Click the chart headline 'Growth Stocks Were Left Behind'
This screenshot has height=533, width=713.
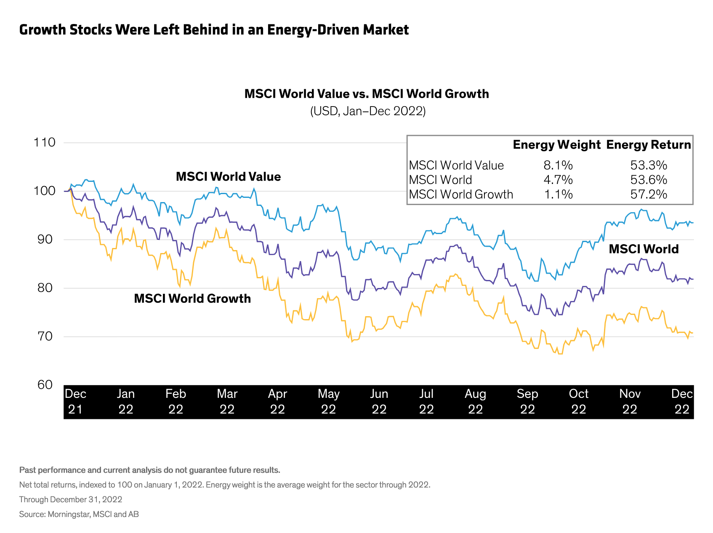(x=214, y=30)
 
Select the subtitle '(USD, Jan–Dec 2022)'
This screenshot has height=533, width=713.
(x=368, y=111)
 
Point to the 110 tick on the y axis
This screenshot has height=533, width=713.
(x=45, y=142)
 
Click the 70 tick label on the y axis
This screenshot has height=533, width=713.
(x=45, y=336)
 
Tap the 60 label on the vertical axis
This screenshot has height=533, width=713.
(x=45, y=385)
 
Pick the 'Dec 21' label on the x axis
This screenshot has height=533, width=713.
(x=76, y=401)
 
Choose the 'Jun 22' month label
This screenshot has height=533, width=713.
(x=379, y=401)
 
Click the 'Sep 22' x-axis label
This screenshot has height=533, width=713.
(x=527, y=401)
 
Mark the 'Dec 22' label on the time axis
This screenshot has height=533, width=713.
(x=682, y=401)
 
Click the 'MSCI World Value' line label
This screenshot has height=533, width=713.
(x=228, y=176)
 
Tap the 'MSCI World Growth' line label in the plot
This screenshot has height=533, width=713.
(x=192, y=298)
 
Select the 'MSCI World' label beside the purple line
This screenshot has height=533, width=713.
(x=644, y=249)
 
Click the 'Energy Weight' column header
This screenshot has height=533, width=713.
(x=556, y=145)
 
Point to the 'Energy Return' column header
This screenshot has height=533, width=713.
(x=648, y=145)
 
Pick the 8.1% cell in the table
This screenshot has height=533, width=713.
(x=558, y=165)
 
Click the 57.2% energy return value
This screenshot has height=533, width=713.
(x=649, y=194)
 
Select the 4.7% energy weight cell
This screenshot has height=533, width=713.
(x=558, y=180)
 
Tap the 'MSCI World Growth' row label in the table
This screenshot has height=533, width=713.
(x=461, y=194)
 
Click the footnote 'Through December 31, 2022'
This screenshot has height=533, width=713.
(x=71, y=499)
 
